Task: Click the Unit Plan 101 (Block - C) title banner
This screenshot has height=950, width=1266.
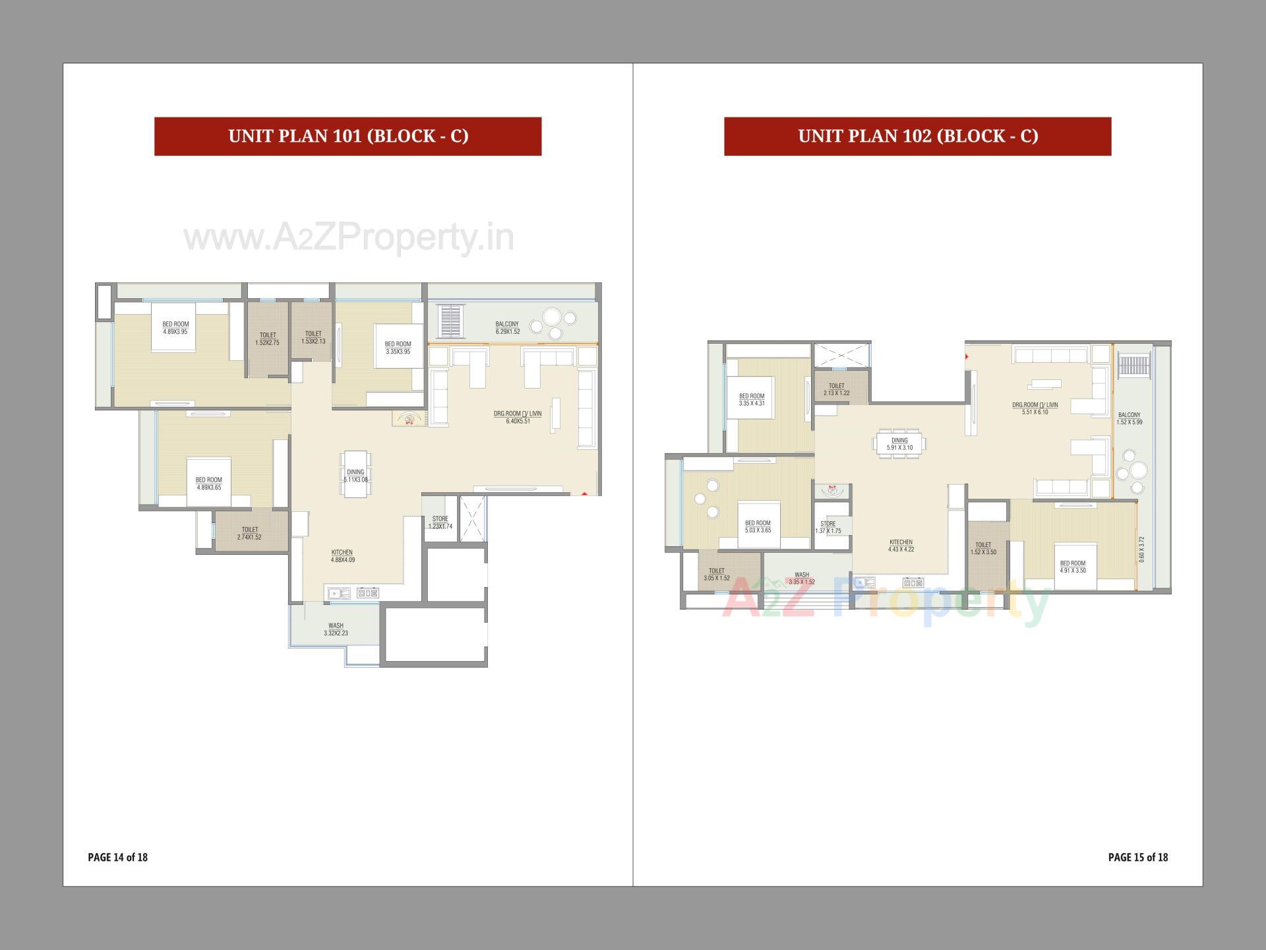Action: click(x=347, y=137)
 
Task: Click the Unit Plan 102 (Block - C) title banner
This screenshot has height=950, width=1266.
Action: click(x=917, y=137)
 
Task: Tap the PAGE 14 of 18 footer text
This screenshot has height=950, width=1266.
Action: click(x=117, y=857)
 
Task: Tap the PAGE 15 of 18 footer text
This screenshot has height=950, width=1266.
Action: click(x=1137, y=857)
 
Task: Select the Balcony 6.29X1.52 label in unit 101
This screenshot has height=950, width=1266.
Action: click(x=507, y=328)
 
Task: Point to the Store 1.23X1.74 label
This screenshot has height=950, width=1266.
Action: click(x=440, y=522)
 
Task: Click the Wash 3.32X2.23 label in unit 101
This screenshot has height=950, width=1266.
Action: click(x=336, y=629)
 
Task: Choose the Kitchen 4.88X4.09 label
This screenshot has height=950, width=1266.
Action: click(x=342, y=556)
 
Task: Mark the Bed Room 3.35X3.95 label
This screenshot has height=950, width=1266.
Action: click(x=398, y=348)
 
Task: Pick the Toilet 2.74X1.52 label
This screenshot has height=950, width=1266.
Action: click(x=249, y=533)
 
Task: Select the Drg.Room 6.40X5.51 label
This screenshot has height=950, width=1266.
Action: click(x=518, y=417)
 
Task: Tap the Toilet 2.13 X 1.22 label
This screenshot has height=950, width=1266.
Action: click(x=836, y=389)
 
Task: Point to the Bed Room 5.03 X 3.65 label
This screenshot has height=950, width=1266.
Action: click(x=758, y=526)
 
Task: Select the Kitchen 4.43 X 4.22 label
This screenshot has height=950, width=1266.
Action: click(x=901, y=546)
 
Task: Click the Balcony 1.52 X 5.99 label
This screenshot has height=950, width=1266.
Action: click(x=1129, y=418)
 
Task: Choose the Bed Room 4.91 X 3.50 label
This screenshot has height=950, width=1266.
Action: click(x=1073, y=567)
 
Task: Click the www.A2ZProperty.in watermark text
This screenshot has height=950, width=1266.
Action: click(x=348, y=238)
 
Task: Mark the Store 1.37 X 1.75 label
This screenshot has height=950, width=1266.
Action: click(x=828, y=527)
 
